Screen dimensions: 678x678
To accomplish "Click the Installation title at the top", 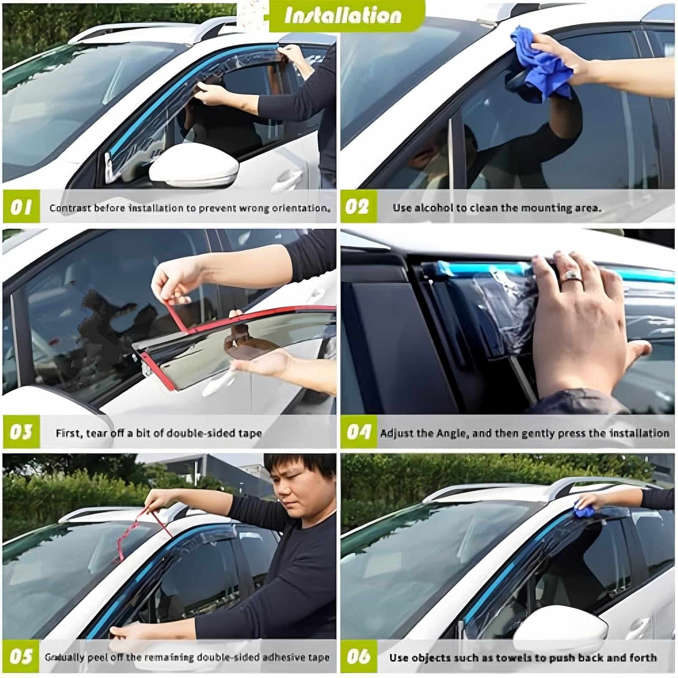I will tap(342, 16).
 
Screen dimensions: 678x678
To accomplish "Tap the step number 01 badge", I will tap(21, 207).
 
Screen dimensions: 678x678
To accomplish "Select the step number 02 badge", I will tap(358, 207).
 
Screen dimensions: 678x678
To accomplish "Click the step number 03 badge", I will tap(21, 432).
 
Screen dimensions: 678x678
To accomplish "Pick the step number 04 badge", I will tap(358, 432).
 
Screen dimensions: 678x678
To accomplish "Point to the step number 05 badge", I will tap(21, 656).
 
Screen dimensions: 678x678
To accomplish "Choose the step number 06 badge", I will tap(358, 656).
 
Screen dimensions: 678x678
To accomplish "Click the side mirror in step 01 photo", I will tap(194, 171).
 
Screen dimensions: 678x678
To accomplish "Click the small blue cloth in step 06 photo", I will tap(586, 511).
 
